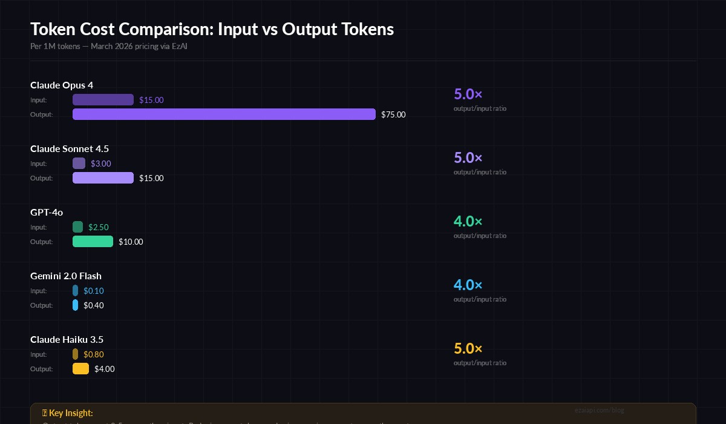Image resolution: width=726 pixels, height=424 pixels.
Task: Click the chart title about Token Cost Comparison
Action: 212,29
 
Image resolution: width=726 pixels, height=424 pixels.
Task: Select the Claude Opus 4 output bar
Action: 224,114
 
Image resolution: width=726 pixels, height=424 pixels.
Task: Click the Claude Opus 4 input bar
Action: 103,100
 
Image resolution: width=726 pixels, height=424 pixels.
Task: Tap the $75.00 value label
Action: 393,114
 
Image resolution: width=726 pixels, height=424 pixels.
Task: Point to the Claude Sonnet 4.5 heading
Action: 70,148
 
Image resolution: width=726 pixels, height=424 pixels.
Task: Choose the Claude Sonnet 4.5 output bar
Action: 103,178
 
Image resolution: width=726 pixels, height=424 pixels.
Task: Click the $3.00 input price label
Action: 100,164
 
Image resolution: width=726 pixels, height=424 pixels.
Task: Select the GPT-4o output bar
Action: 93,242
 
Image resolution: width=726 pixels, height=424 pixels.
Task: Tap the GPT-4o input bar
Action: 77,227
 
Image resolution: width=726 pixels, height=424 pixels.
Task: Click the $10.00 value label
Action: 131,242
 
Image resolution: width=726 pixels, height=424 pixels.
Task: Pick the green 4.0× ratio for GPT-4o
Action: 468,222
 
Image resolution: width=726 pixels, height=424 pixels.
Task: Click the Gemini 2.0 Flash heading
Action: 66,276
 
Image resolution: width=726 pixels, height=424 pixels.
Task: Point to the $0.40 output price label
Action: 94,305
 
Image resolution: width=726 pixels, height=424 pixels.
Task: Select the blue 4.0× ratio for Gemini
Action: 468,285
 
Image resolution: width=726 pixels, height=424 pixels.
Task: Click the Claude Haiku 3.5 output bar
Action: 80,369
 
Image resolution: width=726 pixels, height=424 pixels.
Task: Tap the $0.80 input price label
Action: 94,354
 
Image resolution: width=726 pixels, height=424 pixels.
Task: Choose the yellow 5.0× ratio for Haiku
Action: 468,349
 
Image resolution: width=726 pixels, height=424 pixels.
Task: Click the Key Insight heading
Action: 68,412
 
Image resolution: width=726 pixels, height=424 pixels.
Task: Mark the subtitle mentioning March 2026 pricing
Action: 109,46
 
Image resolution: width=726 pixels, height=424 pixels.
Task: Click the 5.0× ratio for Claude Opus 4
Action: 468,94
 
